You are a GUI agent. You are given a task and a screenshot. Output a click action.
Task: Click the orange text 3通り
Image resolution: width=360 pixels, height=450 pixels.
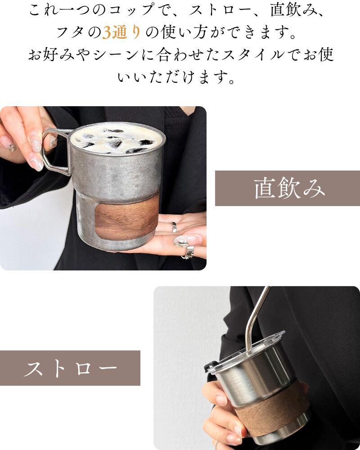(x=121, y=32)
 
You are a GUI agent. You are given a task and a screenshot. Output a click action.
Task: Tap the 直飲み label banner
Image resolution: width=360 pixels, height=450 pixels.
(x=288, y=188)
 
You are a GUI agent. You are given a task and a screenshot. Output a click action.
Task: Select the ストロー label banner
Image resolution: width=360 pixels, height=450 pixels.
(x=70, y=368)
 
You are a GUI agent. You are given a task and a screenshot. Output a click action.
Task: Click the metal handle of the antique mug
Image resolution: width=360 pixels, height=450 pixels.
(x=54, y=152)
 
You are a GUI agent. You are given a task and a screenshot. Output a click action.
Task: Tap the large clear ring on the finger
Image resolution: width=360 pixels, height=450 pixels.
(x=181, y=241)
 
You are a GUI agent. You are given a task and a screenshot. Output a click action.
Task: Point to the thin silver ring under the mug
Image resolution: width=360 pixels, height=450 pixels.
(x=174, y=227)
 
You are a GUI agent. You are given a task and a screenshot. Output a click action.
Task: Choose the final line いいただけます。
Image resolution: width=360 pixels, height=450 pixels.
(x=176, y=77)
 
